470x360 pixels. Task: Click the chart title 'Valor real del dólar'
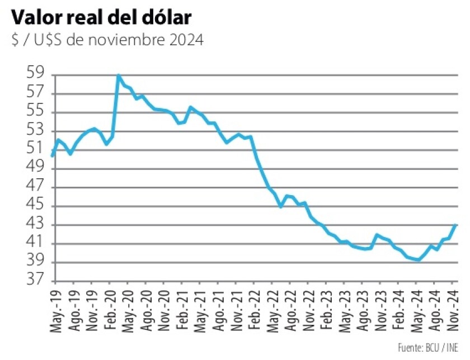(x=101, y=17)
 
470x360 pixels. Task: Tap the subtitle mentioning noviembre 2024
(x=106, y=40)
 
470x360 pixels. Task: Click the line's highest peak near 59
(x=119, y=75)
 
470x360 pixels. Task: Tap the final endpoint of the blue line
(x=456, y=225)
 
